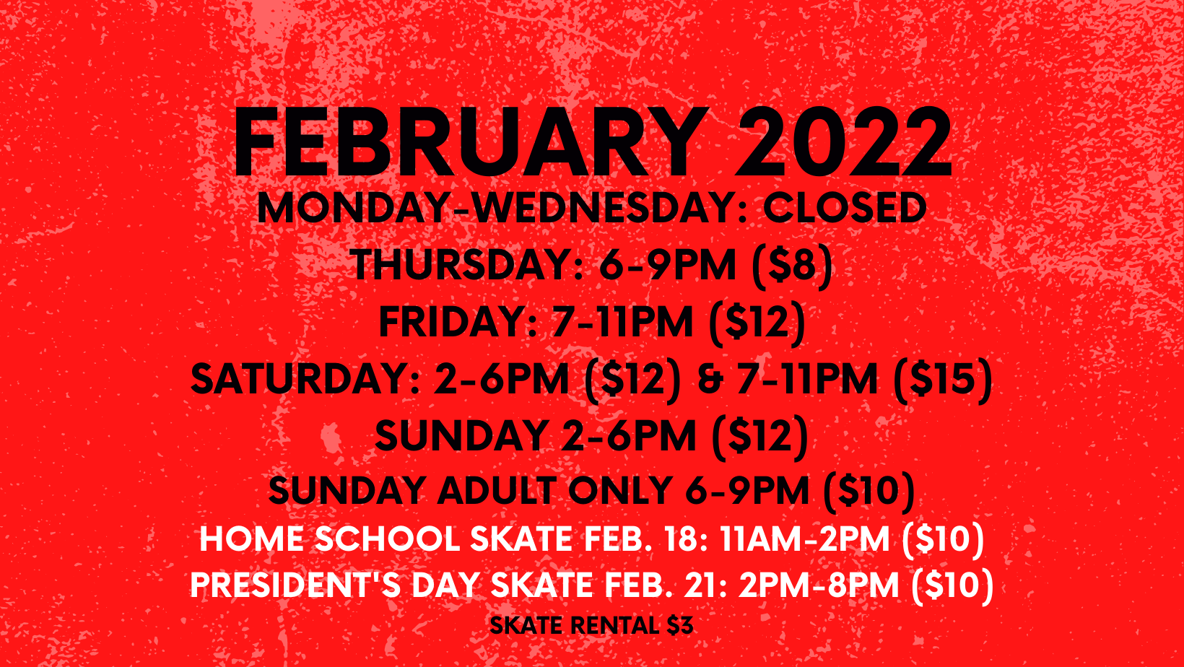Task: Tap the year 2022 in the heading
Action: click(x=843, y=143)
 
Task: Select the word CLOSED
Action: click(x=845, y=208)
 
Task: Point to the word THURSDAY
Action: click(x=466, y=264)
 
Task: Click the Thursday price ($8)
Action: click(x=793, y=264)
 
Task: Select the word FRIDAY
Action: click(x=459, y=321)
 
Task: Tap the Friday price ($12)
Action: click(x=757, y=321)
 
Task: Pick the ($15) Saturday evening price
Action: click(x=943, y=379)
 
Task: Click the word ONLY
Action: click(x=621, y=492)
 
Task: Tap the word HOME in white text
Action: click(x=252, y=539)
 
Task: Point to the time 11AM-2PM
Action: click(x=805, y=539)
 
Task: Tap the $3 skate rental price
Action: click(x=680, y=625)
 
